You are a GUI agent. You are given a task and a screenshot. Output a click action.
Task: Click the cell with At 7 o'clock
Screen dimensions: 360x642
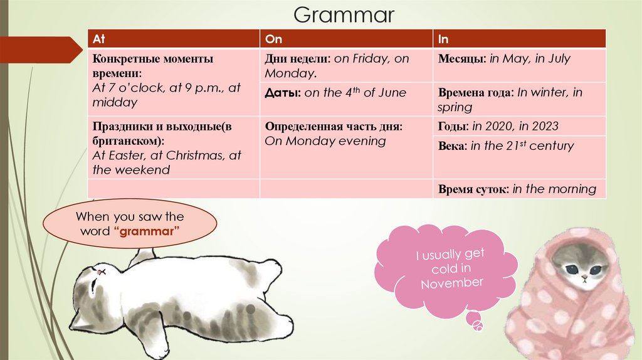coord(173,81)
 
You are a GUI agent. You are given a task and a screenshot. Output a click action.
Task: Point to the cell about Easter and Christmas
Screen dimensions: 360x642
coord(173,147)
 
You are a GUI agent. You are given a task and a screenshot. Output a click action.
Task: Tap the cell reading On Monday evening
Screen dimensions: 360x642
coord(345,141)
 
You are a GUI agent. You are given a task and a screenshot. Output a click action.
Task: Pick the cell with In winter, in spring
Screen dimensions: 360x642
coord(519,100)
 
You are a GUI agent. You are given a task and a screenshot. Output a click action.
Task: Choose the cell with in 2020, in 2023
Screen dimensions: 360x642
coord(519,127)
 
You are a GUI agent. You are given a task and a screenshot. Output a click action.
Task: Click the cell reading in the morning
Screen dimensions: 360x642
coord(519,189)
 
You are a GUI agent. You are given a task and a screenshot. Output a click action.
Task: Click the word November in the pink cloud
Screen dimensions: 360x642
coord(452,283)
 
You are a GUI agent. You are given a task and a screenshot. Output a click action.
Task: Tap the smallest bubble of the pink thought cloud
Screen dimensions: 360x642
coord(478,326)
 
